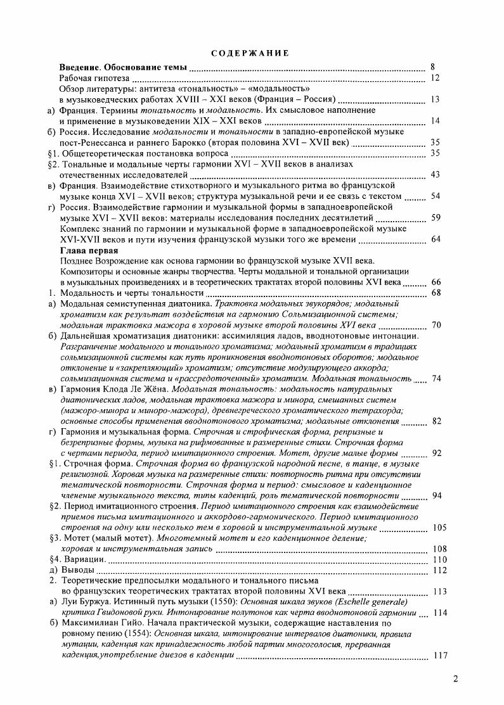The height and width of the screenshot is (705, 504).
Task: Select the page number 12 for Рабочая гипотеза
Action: click(434, 78)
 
